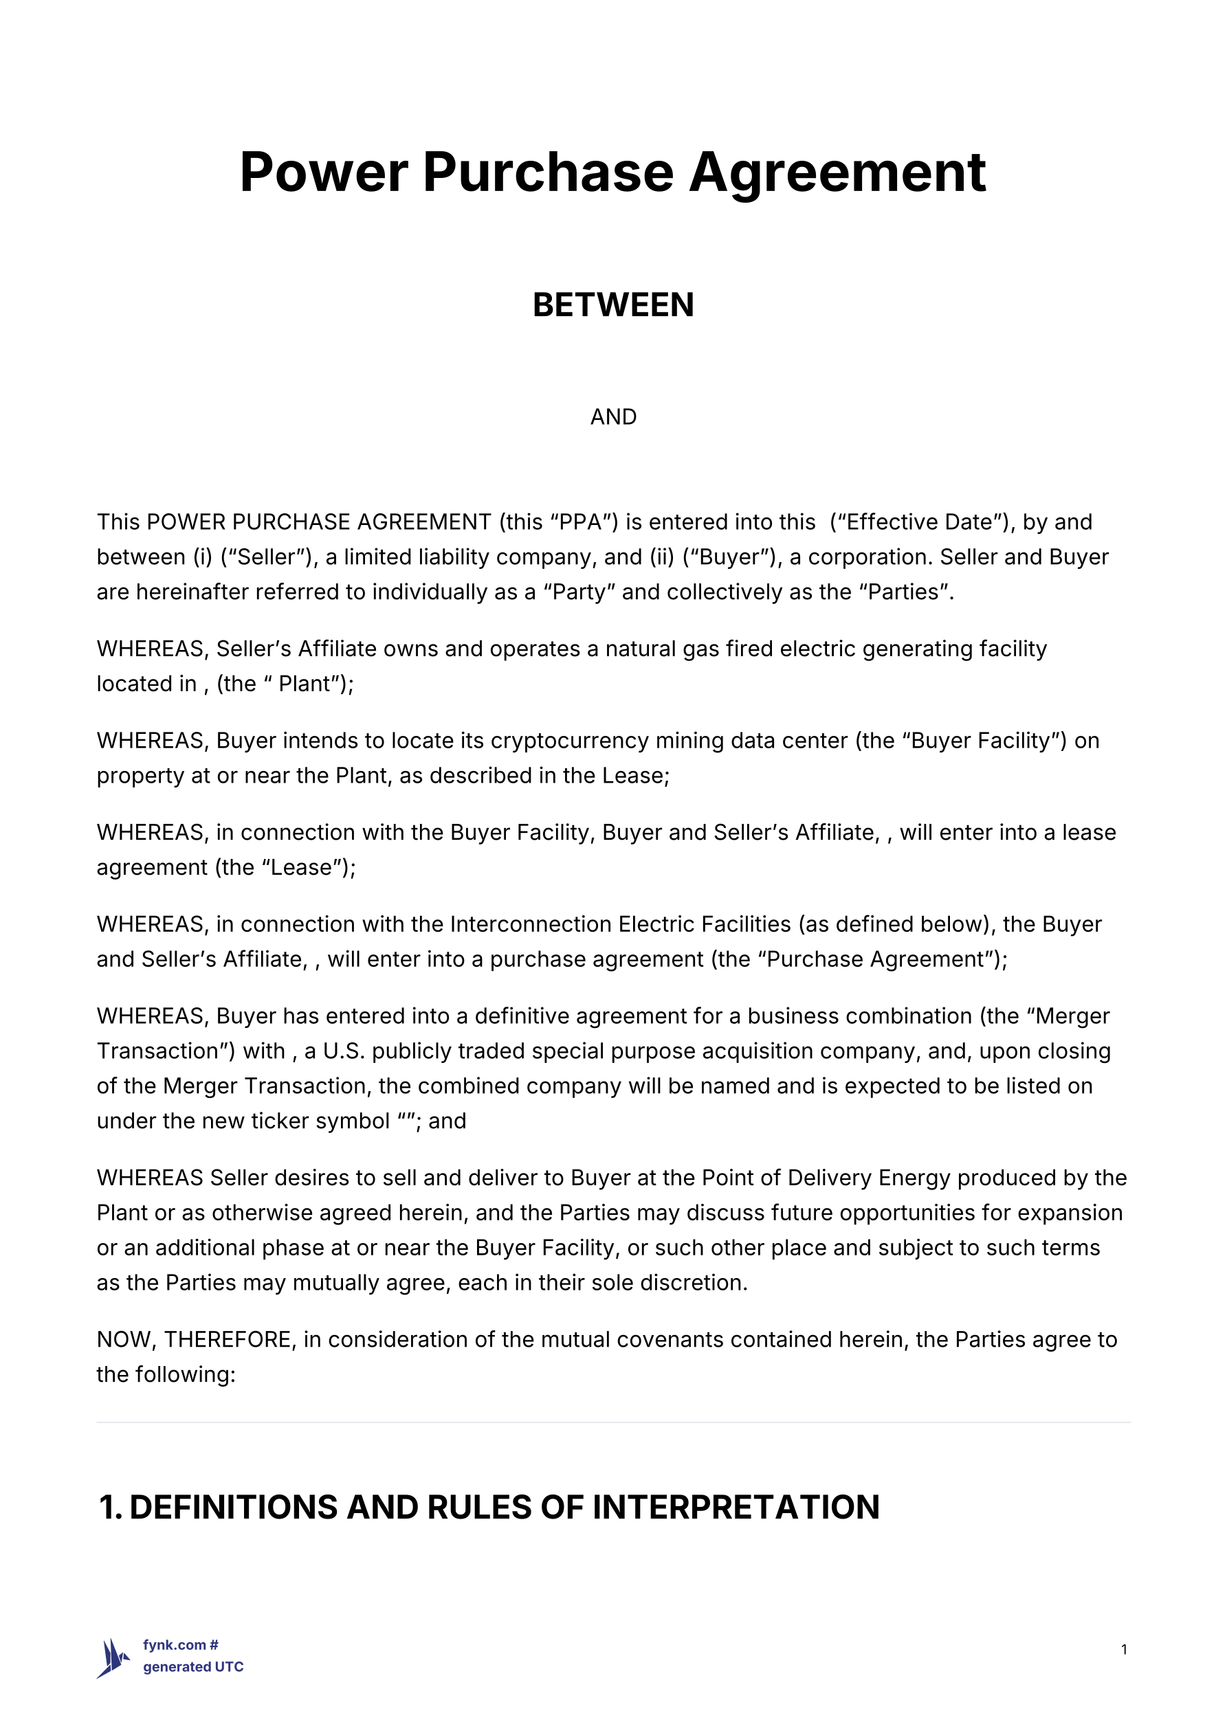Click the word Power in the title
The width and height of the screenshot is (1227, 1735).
point(324,172)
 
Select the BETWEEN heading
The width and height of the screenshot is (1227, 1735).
point(613,305)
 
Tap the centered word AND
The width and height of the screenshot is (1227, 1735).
point(613,417)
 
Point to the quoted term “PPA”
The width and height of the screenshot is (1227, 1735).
point(580,522)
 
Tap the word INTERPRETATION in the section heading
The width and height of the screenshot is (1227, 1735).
point(736,1507)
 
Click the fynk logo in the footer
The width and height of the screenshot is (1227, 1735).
point(113,1659)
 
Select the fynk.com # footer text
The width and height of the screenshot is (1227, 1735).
point(181,1645)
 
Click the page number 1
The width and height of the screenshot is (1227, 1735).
point(1124,1650)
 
